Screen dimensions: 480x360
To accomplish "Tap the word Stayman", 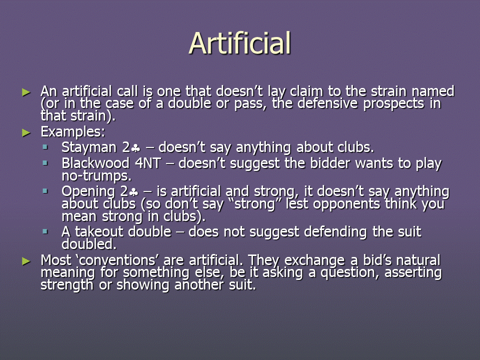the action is tap(89, 147).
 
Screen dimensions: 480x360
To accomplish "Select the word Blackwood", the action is tap(95, 163).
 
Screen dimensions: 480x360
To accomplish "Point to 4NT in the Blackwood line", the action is tap(148, 163).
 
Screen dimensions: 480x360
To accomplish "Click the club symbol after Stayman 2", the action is tap(135, 148).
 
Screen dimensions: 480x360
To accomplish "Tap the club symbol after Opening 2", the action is tap(134, 192).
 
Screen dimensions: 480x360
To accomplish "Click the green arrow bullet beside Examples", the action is tap(26, 132).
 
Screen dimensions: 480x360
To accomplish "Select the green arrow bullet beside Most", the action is tap(26, 261).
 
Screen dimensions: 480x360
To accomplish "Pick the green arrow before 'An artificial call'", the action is tap(26, 92).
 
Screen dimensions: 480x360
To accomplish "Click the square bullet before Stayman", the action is tap(45, 147).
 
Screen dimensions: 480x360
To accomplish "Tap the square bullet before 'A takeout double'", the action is tap(45, 231).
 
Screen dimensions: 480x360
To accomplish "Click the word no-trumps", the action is tap(96, 176).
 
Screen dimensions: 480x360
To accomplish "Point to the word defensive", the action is tap(327, 103).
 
